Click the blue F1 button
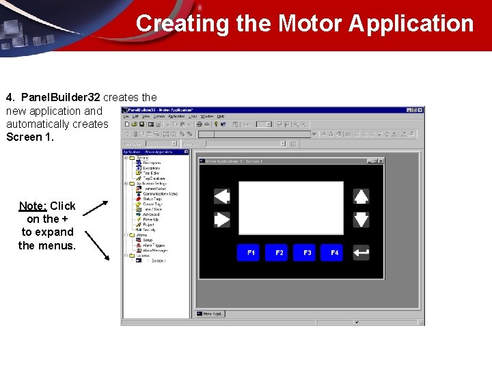(x=251, y=253)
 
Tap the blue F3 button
(x=307, y=253)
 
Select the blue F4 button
(x=335, y=253)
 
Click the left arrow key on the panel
(x=222, y=197)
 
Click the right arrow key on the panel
(x=222, y=220)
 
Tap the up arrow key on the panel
(x=361, y=197)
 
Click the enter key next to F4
(x=361, y=253)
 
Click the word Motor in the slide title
(x=310, y=23)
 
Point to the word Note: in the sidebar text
(x=33, y=206)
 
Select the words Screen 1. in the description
(x=29, y=137)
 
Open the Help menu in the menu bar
(x=221, y=116)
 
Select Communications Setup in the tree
(x=160, y=194)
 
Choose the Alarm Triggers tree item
(x=155, y=245)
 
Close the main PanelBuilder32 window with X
(x=420, y=109)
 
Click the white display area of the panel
(x=290, y=208)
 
